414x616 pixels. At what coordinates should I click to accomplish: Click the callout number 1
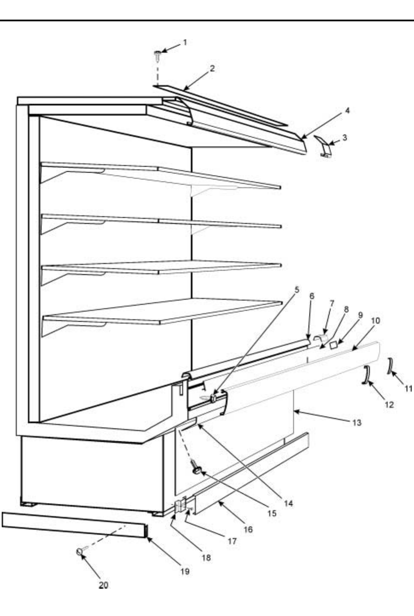point(185,42)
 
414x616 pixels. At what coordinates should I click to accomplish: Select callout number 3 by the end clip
point(345,138)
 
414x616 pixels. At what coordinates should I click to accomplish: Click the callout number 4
point(347,110)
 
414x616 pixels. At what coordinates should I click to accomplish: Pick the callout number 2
point(212,68)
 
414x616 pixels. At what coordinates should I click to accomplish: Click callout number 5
point(297,289)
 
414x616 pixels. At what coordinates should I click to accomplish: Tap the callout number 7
point(331,303)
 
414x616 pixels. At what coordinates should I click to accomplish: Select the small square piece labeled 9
point(335,344)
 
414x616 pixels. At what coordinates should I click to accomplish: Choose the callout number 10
point(376,320)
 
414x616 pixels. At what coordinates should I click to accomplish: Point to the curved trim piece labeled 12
point(365,374)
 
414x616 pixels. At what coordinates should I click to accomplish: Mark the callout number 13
point(356,422)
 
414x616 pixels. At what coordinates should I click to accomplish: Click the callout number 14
point(288,503)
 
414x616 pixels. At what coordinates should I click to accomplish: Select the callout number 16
point(248,529)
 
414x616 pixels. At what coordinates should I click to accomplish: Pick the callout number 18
point(206,557)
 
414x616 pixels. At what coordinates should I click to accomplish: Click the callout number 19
point(184,572)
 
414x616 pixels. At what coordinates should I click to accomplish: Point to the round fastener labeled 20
point(80,552)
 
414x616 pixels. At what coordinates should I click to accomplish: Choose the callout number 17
point(232,541)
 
